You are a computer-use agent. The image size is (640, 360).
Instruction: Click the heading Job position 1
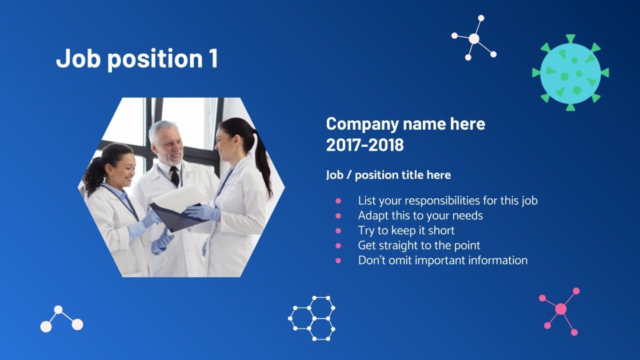point(137,59)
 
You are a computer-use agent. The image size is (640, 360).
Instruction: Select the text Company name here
point(405,123)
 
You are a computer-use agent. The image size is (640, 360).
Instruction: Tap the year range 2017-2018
point(365,145)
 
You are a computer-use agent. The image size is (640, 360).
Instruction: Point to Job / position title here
point(388,175)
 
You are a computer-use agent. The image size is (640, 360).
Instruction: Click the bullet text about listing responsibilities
point(447,201)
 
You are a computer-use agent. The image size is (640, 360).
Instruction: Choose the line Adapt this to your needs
point(420,215)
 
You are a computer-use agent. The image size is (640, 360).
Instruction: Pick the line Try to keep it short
point(406,230)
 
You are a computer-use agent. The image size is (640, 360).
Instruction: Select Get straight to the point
point(419,245)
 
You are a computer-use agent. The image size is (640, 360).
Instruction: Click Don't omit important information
point(442,260)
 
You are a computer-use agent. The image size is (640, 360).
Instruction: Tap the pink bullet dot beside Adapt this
point(338,216)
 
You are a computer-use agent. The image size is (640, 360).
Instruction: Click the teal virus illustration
point(570,73)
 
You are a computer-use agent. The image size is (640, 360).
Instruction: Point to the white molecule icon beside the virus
point(474,38)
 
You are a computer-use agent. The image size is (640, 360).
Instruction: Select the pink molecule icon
point(561,309)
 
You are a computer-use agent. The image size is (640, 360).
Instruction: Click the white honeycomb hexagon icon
point(312,318)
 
